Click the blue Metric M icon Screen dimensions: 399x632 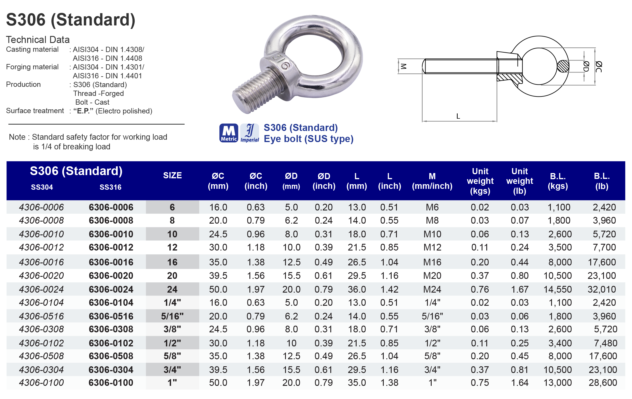pos(229,133)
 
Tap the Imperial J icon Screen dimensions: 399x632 pos(250,133)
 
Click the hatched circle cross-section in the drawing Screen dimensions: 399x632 pos(563,66)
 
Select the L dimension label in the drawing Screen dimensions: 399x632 pos(458,116)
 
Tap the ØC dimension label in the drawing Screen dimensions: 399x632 pos(598,66)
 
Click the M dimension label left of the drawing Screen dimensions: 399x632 pos(403,66)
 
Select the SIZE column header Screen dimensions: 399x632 pos(172,175)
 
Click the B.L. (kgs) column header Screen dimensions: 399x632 pos(558,181)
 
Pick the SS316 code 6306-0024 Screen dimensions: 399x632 pos(111,289)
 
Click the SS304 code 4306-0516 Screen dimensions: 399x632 pos(41,316)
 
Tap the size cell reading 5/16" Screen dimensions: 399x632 pos(172,316)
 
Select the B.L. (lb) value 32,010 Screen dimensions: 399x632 pos(602,289)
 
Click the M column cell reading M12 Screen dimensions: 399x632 pos(432,248)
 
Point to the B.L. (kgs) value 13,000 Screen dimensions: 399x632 pos(558,383)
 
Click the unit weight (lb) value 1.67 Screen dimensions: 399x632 pos(520,289)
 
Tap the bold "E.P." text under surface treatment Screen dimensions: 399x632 pos(83,111)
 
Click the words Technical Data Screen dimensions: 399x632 pos(38,40)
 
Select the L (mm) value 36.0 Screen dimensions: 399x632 pos(357,289)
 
